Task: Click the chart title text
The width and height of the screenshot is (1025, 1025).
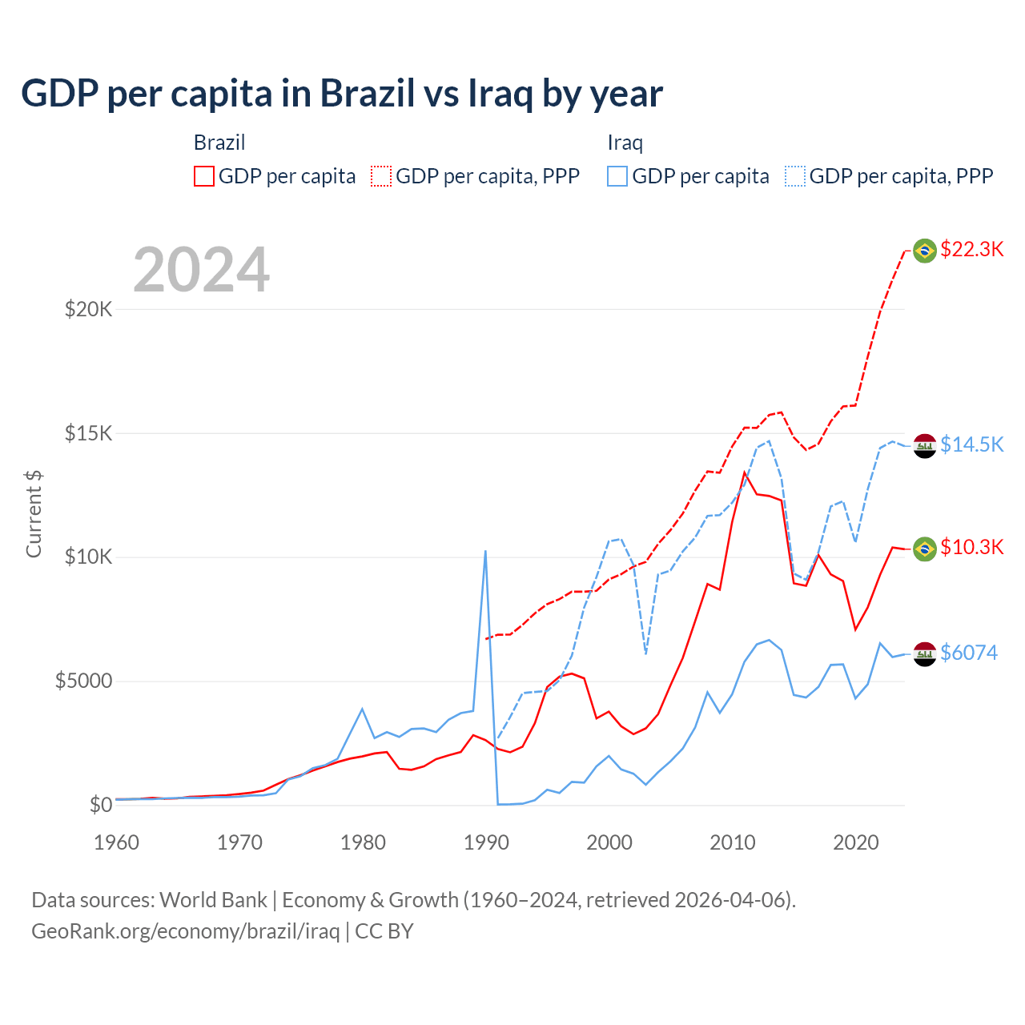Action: click(342, 94)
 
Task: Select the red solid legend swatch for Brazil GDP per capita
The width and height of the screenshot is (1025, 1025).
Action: click(204, 176)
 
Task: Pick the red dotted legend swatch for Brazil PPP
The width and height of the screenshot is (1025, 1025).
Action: click(382, 176)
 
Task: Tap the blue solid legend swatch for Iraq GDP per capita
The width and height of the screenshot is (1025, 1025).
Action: click(617, 176)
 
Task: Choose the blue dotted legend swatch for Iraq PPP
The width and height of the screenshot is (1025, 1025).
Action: click(795, 176)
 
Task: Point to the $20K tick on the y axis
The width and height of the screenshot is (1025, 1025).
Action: click(88, 309)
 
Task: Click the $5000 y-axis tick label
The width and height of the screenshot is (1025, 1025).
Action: click(83, 681)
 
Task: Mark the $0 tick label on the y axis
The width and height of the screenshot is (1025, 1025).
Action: click(100, 805)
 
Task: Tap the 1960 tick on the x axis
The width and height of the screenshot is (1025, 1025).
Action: click(117, 842)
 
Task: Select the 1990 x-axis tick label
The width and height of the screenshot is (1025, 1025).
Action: click(486, 842)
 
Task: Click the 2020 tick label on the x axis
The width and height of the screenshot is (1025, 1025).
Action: click(856, 842)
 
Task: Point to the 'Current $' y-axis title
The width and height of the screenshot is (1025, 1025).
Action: click(34, 513)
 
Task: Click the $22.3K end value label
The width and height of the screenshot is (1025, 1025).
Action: click(971, 249)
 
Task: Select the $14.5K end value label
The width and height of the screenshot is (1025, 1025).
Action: click(971, 444)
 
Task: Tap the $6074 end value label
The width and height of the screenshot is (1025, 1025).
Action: click(969, 653)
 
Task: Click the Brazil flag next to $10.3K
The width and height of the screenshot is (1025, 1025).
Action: click(925, 549)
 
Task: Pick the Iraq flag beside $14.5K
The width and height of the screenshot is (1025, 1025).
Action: click(925, 445)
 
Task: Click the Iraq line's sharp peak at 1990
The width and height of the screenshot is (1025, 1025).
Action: click(485, 551)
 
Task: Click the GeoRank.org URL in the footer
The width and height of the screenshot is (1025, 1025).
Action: click(186, 931)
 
